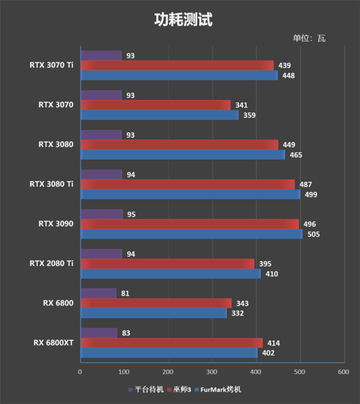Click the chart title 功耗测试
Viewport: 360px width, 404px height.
pyautogui.click(x=184, y=20)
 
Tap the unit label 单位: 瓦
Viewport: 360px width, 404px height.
pyautogui.click(x=308, y=39)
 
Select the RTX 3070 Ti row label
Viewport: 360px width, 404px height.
pyautogui.click(x=52, y=65)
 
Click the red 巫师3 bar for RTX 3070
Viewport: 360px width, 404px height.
pyautogui.click(x=155, y=105)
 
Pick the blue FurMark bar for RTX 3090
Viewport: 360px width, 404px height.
pyautogui.click(x=191, y=234)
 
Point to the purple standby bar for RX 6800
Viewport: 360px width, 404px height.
pyautogui.click(x=98, y=293)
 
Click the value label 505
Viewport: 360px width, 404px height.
pyautogui.click(x=313, y=235)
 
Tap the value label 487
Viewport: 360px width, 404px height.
pyautogui.click(x=306, y=185)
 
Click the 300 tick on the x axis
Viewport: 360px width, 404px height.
pyautogui.click(x=212, y=372)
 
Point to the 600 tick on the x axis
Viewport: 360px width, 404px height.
pyautogui.click(x=343, y=372)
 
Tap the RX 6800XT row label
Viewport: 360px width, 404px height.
pyautogui.click(x=54, y=343)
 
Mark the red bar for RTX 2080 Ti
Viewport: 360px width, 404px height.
pyautogui.click(x=167, y=264)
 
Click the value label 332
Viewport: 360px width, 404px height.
pyautogui.click(x=238, y=313)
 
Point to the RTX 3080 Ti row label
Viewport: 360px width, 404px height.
pyautogui.click(x=52, y=183)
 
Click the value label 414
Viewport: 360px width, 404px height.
pyautogui.click(x=274, y=343)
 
